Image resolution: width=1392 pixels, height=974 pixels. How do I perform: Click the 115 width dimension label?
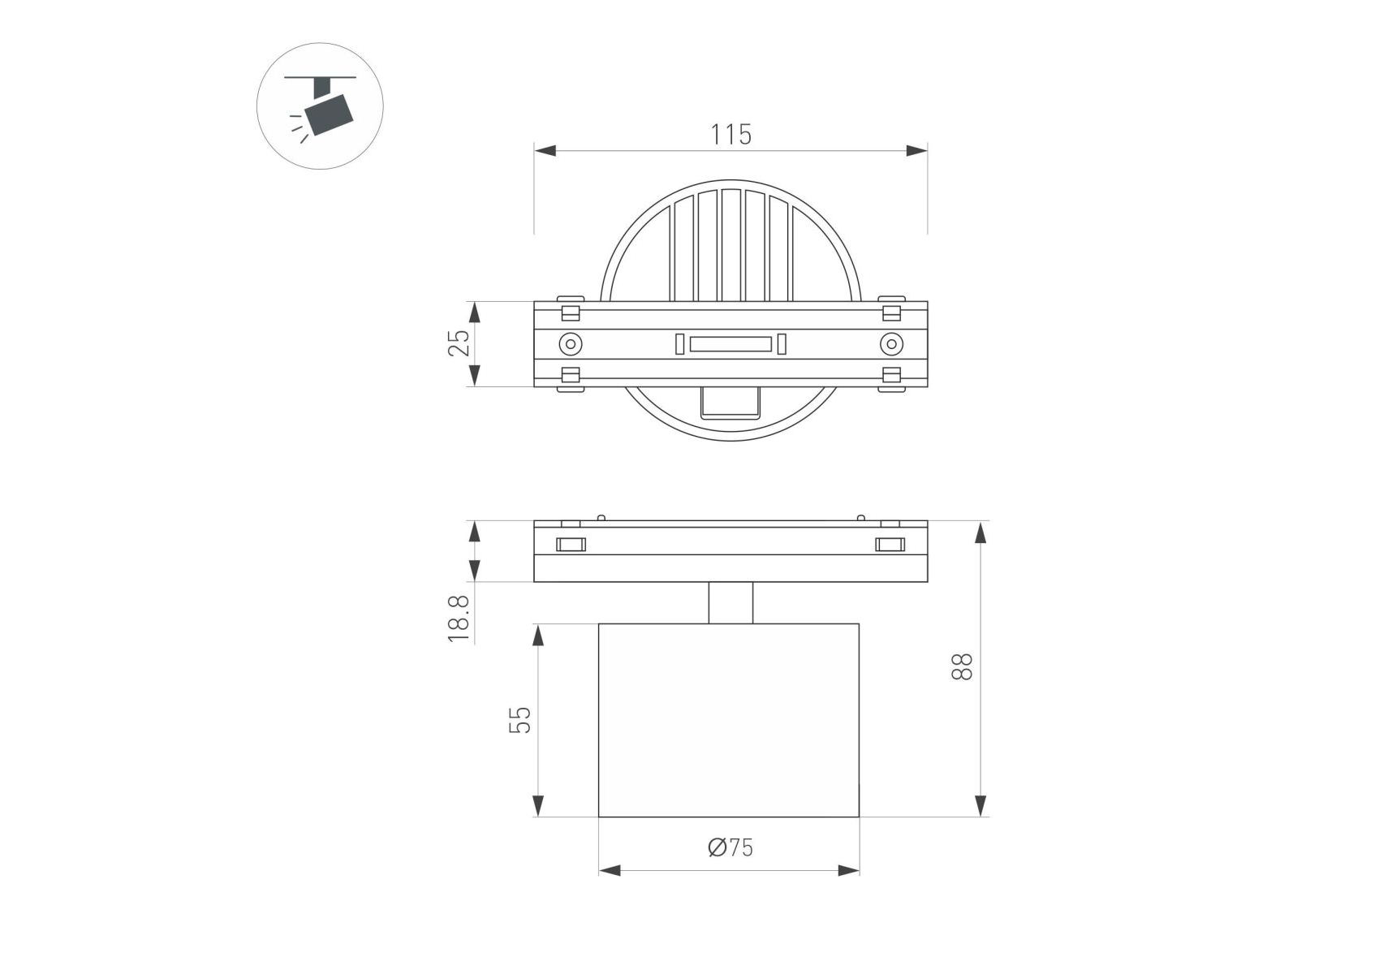[x=731, y=135]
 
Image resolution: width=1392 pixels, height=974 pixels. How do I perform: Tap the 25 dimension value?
[x=459, y=343]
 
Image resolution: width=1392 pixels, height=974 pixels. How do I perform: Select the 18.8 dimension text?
[x=459, y=618]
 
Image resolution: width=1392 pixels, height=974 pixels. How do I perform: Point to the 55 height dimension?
[x=520, y=720]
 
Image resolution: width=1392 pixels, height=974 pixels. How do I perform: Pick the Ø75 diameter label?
[x=730, y=847]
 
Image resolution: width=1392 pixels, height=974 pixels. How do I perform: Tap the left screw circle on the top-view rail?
[x=571, y=344]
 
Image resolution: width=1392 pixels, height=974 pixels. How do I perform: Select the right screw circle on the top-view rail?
[x=891, y=344]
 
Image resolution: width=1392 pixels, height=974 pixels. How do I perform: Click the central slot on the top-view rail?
[x=730, y=344]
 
